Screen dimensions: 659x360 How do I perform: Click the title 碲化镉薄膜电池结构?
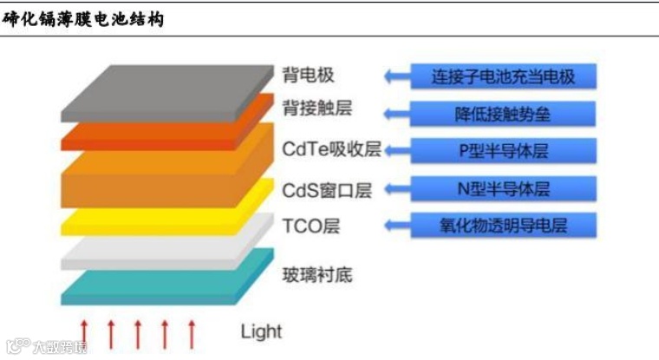[83, 17]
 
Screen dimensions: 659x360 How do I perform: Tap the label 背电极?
[308, 75]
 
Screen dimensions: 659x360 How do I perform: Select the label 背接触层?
[317, 110]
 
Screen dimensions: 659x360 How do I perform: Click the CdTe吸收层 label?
[332, 149]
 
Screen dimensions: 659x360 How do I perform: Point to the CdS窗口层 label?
[327, 189]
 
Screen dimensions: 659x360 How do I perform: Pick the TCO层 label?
[311, 226]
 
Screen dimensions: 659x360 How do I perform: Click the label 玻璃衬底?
[317, 276]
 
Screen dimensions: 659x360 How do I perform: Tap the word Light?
[261, 331]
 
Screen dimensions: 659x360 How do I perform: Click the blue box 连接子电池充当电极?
[503, 76]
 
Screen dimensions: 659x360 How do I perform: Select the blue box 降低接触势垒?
[503, 114]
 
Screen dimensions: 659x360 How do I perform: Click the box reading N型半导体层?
[503, 188]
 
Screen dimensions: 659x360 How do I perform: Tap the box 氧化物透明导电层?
[503, 226]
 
